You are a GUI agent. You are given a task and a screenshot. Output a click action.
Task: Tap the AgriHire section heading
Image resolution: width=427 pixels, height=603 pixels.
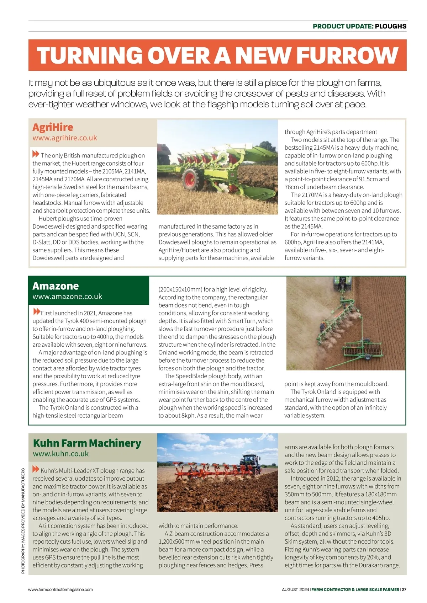point(53,127)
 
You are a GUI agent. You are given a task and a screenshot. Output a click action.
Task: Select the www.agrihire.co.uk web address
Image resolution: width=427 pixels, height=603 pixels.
point(64,138)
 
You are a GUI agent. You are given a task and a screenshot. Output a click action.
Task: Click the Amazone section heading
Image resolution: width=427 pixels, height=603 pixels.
point(56,286)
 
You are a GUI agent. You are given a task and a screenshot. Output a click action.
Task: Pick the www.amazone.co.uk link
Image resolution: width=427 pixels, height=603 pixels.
point(67,297)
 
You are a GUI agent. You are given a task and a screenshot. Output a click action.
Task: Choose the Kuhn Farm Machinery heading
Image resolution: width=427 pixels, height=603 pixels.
point(87,443)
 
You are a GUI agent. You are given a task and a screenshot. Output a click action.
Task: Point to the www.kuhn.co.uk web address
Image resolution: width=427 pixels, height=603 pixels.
point(61,454)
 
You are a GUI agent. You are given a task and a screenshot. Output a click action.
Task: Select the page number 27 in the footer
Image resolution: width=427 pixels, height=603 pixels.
point(404,589)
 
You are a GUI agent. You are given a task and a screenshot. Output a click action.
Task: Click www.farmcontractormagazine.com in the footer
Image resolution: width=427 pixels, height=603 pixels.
point(60,589)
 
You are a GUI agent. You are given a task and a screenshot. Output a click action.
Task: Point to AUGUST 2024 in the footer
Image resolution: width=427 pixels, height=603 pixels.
point(295,589)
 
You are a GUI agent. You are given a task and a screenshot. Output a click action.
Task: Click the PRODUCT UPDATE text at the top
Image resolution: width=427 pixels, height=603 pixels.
point(342,26)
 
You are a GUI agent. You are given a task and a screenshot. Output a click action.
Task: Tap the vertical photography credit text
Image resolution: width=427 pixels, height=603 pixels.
point(23,521)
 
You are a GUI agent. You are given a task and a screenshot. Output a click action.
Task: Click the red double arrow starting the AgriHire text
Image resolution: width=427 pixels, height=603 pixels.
point(36,154)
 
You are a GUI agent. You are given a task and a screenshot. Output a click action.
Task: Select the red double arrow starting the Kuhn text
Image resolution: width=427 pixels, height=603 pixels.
point(36,469)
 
